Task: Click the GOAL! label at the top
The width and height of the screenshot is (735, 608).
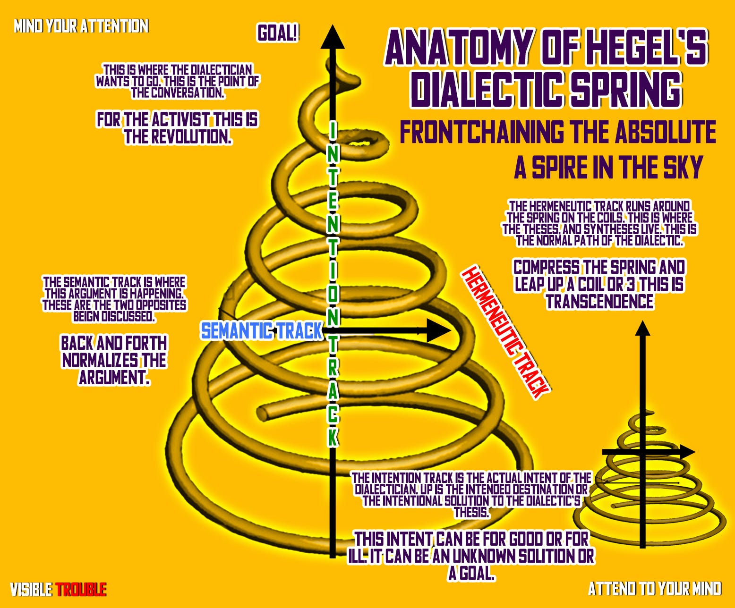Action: pyautogui.click(x=278, y=33)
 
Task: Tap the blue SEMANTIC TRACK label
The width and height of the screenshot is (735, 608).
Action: pyautogui.click(x=262, y=331)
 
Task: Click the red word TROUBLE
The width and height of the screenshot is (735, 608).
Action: pyautogui.click(x=81, y=590)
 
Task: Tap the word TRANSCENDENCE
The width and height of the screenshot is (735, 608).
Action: pyautogui.click(x=600, y=302)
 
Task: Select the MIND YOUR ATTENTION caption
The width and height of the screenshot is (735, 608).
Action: pyautogui.click(x=81, y=26)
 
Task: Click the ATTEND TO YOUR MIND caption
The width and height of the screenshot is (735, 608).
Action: pyautogui.click(x=655, y=589)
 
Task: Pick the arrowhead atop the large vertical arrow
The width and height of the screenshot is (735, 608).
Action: pyautogui.click(x=333, y=38)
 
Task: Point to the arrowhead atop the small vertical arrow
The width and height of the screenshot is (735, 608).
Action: pyautogui.click(x=642, y=328)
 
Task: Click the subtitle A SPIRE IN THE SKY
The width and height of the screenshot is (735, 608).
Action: pyautogui.click(x=608, y=167)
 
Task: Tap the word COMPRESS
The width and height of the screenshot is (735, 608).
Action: pyautogui.click(x=547, y=268)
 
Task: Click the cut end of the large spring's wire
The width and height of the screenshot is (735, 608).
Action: pyautogui.click(x=263, y=414)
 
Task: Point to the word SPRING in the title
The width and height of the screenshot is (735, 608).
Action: pyautogui.click(x=626, y=89)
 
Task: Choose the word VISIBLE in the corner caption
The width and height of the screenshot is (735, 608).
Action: pyautogui.click(x=31, y=590)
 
